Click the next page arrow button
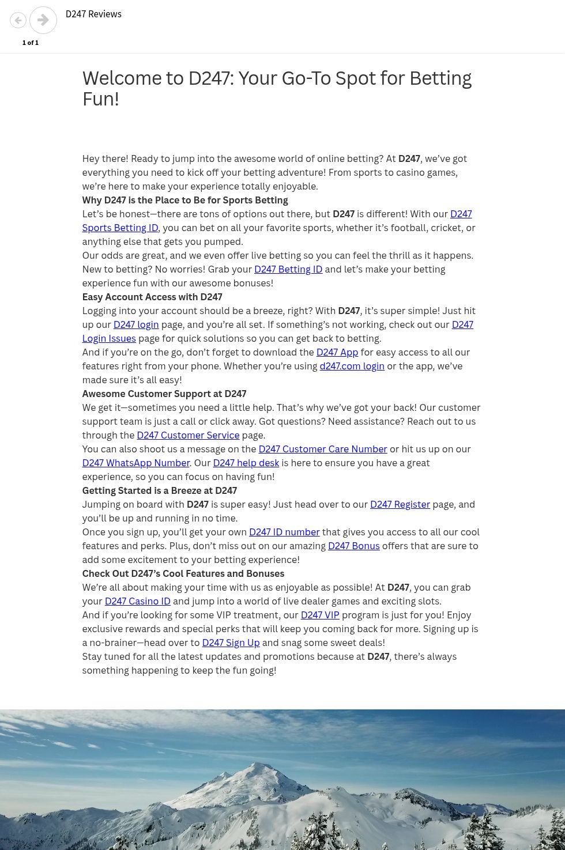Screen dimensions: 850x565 (x=43, y=20)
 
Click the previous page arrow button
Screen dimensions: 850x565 (x=18, y=20)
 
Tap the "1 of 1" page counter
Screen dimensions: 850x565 (x=31, y=43)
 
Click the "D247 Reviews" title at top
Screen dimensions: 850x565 (x=93, y=14)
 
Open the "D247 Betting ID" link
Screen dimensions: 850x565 (x=288, y=269)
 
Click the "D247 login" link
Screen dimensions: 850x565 (x=136, y=324)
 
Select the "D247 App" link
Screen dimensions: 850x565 (x=337, y=352)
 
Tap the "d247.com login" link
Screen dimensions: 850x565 (x=352, y=366)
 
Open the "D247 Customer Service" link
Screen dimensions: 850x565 (x=188, y=435)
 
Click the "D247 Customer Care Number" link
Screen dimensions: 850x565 (x=323, y=449)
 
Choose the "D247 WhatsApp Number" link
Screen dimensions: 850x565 (x=136, y=463)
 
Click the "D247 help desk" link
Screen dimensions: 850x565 (x=246, y=463)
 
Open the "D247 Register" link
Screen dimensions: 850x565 (x=400, y=504)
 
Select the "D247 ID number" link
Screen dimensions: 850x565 (x=284, y=532)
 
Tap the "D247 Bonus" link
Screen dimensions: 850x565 (x=354, y=546)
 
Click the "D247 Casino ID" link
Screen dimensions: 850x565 (x=138, y=601)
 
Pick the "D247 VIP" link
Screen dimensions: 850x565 (x=320, y=615)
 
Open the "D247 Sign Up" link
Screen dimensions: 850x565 (x=231, y=643)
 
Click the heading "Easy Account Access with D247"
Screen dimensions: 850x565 (x=152, y=297)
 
